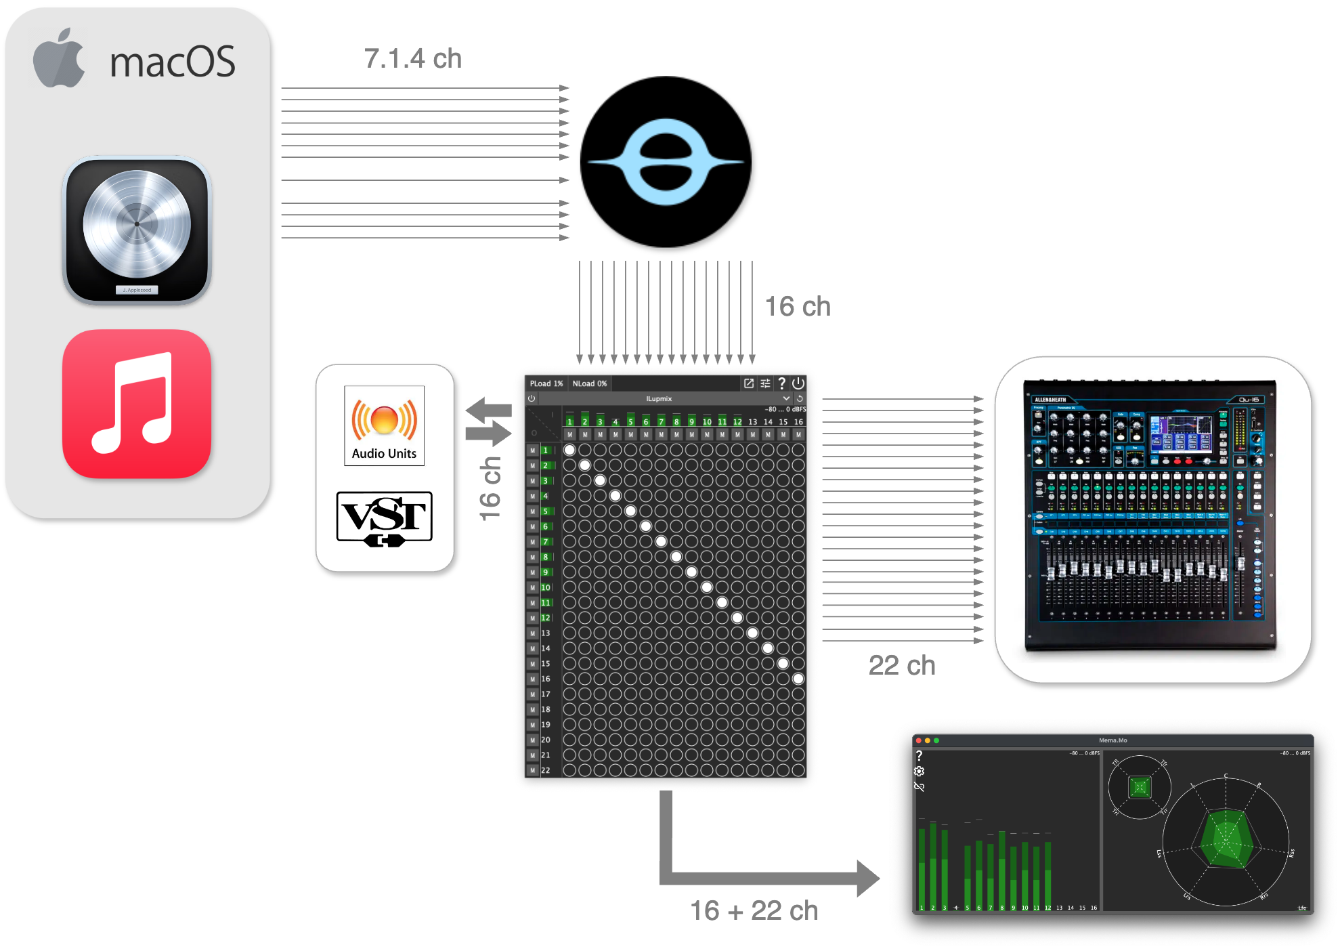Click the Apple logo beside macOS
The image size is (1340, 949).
click(59, 60)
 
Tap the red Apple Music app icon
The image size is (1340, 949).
click(137, 404)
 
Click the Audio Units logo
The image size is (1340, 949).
click(384, 425)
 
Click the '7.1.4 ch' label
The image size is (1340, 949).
click(412, 59)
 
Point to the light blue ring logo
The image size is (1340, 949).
click(666, 162)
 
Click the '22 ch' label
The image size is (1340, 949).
click(901, 665)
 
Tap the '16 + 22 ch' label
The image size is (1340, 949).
click(754, 910)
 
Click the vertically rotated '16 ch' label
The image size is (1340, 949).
click(490, 488)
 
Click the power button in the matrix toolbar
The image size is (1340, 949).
click(798, 383)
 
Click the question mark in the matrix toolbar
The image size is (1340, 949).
click(781, 383)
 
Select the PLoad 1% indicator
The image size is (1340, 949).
click(546, 383)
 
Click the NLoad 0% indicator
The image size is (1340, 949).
click(589, 383)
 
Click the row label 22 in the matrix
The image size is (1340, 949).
click(545, 770)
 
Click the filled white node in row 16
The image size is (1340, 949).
click(798, 679)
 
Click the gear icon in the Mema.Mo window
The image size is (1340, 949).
click(919, 772)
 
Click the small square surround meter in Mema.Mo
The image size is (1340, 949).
click(1140, 787)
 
